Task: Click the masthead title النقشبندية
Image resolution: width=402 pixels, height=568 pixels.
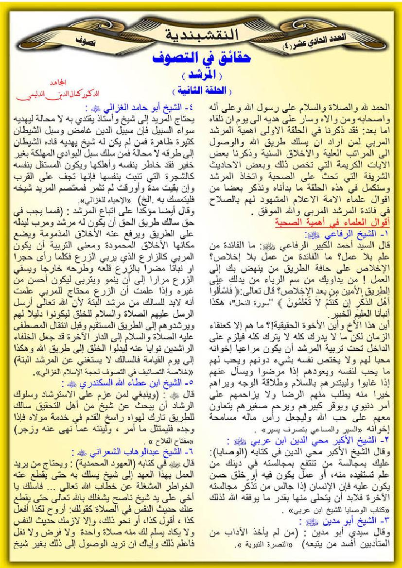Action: [x=201, y=35]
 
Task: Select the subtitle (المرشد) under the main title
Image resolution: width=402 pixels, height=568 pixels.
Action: [x=201, y=77]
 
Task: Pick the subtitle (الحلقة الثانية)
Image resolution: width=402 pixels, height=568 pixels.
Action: [x=201, y=91]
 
